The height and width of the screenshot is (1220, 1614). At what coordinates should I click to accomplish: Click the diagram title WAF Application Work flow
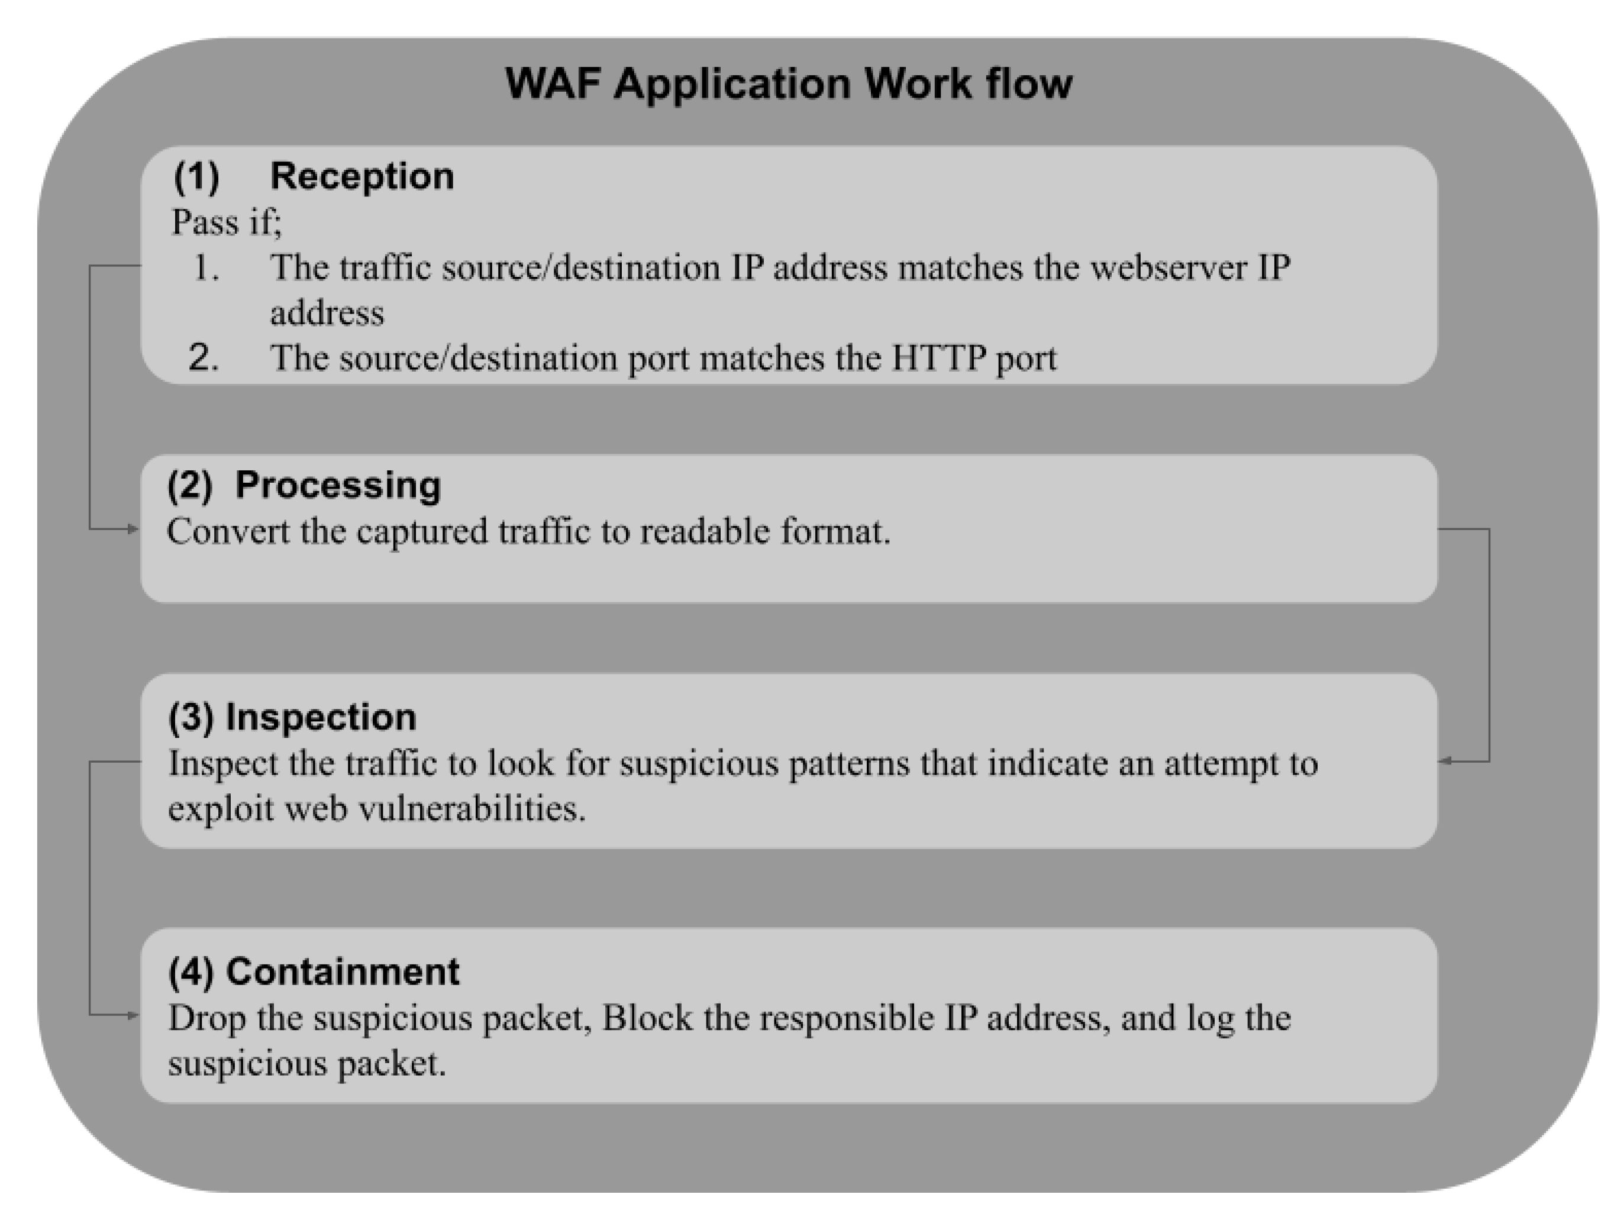click(789, 83)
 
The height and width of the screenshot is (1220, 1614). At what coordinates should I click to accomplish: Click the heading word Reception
click(362, 176)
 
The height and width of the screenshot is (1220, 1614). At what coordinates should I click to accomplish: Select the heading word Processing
click(338, 485)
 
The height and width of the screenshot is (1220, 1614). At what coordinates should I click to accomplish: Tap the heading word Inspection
click(321, 717)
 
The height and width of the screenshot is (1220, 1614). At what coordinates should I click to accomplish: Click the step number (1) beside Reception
click(196, 176)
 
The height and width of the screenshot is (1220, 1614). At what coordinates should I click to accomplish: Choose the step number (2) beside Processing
click(190, 485)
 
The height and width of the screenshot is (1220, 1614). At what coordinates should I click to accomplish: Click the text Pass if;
click(226, 222)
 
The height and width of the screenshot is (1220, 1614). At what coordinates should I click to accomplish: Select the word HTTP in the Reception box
click(938, 359)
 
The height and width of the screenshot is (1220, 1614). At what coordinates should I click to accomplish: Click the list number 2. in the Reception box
click(204, 359)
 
